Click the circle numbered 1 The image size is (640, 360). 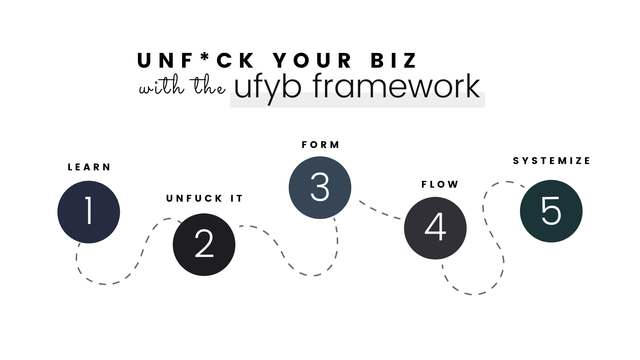89,212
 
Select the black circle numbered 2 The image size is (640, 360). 204,245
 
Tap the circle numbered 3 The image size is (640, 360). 320,188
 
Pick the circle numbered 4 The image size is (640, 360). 435,228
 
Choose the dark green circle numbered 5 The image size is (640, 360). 551,211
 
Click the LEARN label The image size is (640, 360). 89,167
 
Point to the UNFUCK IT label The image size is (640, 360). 205,199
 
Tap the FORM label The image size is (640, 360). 320,145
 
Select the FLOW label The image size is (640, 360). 440,185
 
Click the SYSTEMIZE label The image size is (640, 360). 552,161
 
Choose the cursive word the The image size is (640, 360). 207,87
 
